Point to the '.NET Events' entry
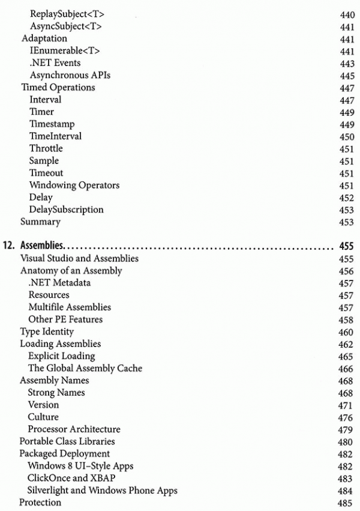point(55,63)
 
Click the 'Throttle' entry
point(46,148)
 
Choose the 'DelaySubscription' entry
point(66,210)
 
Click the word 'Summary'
point(41,222)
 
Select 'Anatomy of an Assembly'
point(71,271)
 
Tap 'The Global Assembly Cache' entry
point(85,369)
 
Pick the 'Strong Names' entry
point(56,393)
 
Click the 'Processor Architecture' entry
point(74,429)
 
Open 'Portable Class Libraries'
point(67,442)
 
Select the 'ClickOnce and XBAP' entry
point(68,479)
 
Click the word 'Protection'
point(41,503)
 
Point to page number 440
point(347,14)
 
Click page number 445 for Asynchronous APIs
point(347,75)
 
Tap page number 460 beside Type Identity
point(347,332)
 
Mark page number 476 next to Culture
point(347,417)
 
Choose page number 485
point(347,503)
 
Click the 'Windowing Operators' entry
point(74,185)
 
